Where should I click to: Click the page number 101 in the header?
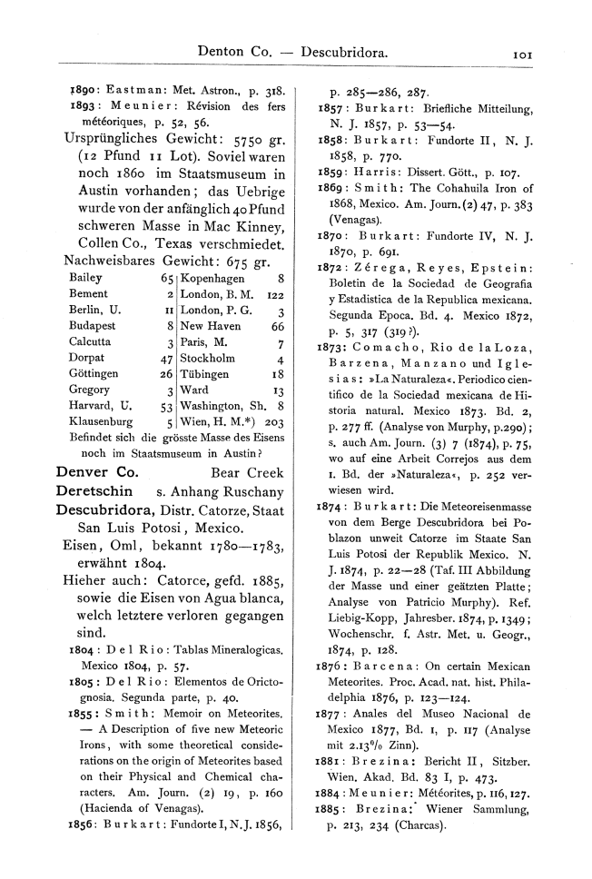(522, 54)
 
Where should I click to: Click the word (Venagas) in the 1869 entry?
(361, 219)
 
